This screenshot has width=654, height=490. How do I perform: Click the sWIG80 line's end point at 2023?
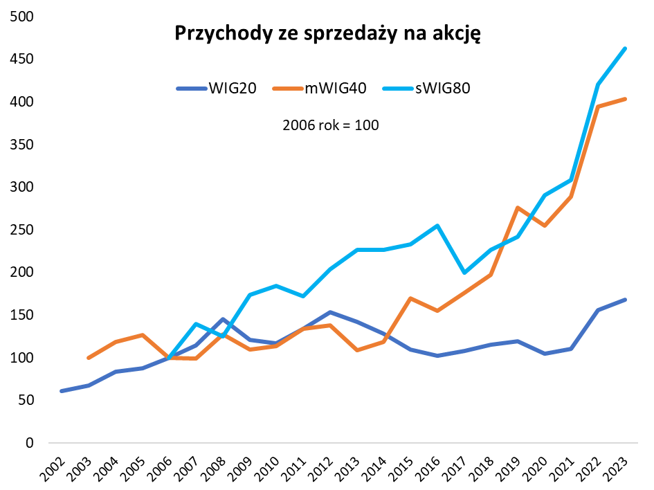click(x=625, y=48)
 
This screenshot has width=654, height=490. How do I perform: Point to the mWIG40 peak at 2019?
click(x=518, y=208)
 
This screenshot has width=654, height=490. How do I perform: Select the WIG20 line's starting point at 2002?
click(x=62, y=391)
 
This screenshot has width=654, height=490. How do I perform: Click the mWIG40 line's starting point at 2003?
click(x=88, y=358)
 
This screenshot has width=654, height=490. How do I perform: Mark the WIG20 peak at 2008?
click(x=223, y=319)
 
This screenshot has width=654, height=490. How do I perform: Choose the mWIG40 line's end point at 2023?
click(x=625, y=99)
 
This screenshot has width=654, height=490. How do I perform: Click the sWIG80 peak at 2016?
click(x=437, y=225)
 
